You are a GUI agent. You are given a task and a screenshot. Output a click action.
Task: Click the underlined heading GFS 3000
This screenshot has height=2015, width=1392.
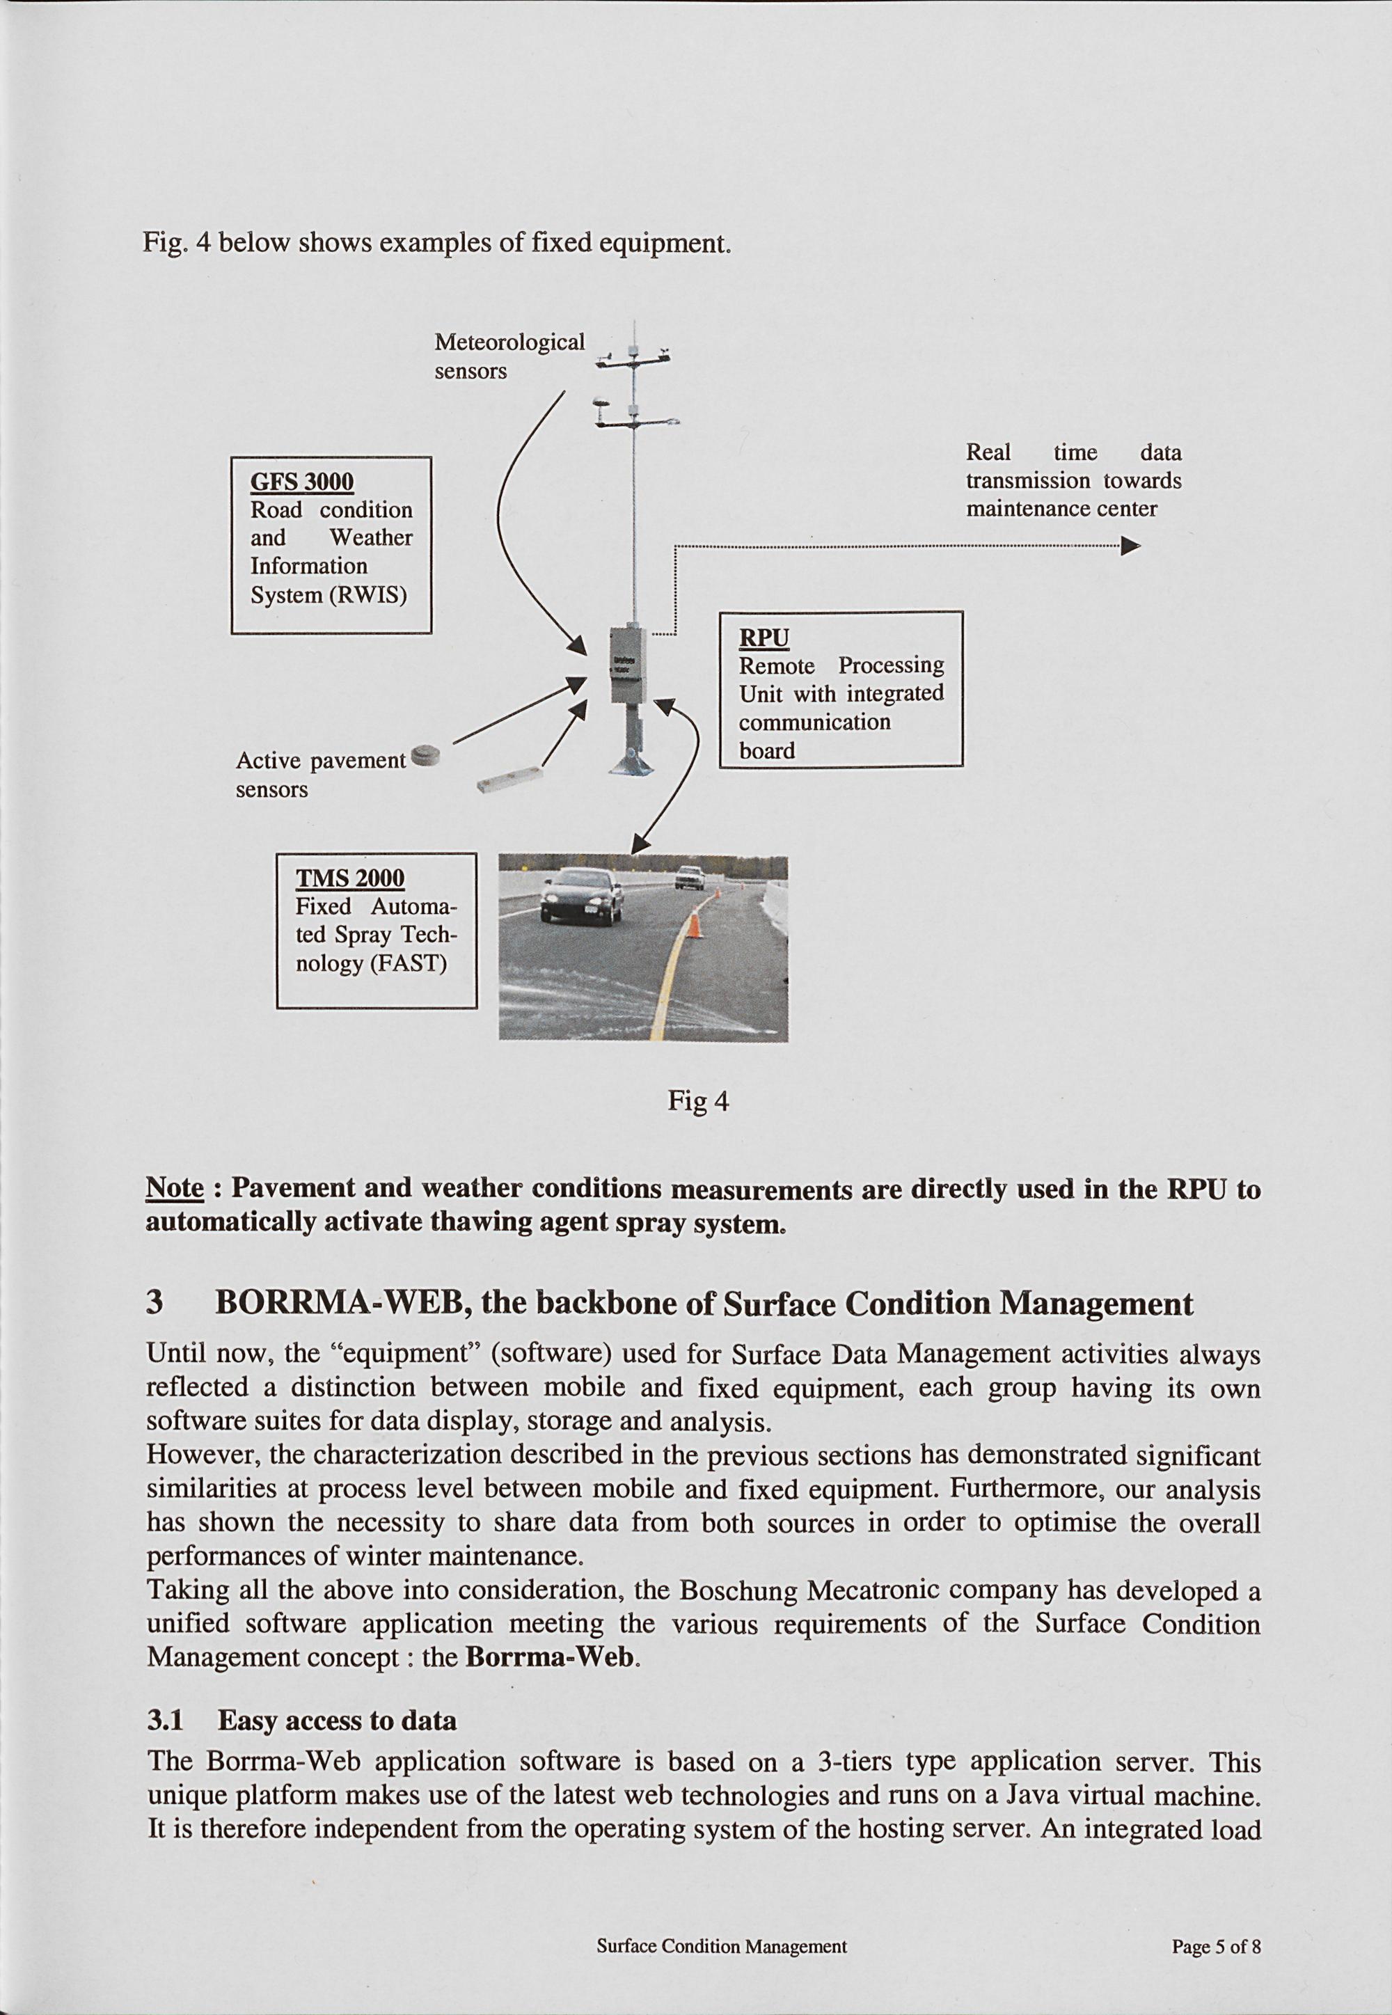pos(302,482)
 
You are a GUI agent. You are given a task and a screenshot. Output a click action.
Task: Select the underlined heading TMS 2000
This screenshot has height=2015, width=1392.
pos(350,878)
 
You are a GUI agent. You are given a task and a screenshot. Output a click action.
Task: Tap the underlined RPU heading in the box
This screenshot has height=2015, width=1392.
pos(764,638)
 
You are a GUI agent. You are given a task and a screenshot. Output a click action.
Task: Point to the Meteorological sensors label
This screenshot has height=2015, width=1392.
pos(509,356)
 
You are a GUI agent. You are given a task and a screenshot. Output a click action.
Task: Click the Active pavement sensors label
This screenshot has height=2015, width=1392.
pos(320,775)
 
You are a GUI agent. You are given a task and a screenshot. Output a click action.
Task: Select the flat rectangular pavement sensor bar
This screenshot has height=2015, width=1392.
pos(511,779)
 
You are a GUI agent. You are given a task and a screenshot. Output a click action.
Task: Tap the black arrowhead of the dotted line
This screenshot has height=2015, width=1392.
pos(1130,547)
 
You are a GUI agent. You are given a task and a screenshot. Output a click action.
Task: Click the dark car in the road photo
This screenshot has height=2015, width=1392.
pos(582,895)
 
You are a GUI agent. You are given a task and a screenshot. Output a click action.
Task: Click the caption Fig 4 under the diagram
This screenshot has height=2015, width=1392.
pos(698,1102)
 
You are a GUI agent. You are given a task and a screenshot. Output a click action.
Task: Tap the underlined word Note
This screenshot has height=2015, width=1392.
pos(175,1188)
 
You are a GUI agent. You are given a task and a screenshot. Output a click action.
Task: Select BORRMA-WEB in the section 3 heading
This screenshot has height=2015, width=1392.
pos(338,1303)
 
